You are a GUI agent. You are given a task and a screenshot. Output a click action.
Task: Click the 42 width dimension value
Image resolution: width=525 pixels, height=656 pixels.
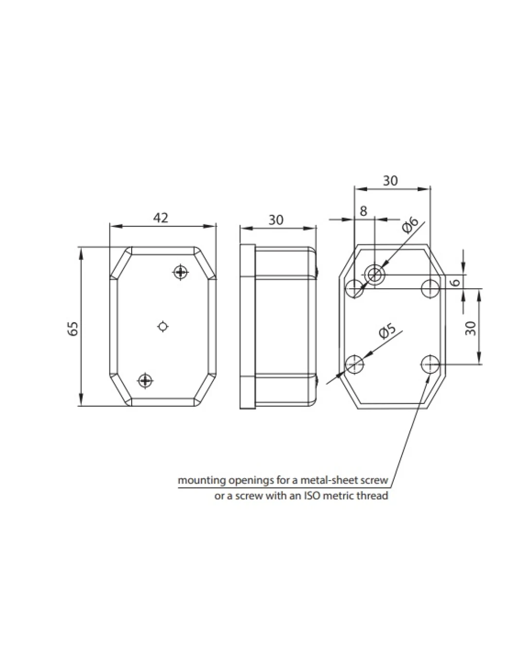point(160,218)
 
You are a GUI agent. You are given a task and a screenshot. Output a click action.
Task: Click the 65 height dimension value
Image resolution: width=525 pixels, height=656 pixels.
point(72,328)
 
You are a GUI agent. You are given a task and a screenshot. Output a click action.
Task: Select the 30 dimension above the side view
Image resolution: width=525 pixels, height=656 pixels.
point(276,220)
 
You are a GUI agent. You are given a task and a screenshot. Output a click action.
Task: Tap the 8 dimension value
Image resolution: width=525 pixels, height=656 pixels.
point(363,211)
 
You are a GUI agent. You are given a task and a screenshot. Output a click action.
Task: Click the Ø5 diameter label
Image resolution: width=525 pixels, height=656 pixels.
point(387,331)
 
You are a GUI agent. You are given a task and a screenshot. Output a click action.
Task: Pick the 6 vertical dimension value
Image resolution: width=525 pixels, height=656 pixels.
point(455,282)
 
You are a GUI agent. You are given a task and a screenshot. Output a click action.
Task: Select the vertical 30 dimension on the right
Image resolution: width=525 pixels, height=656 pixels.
point(471,328)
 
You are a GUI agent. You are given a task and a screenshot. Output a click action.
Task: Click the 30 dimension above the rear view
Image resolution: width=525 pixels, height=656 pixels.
point(390,181)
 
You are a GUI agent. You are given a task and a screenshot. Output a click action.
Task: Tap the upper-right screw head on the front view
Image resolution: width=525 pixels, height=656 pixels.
point(181,272)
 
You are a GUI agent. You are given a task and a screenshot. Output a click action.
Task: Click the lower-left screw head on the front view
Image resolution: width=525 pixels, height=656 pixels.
point(145,380)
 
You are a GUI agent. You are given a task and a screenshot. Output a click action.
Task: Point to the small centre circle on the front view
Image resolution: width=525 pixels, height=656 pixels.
point(163,327)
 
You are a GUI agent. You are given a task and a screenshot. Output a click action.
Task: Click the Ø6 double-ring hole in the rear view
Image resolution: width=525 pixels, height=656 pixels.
point(375,275)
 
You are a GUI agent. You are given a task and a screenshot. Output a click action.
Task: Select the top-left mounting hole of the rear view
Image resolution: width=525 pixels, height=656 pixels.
point(354,288)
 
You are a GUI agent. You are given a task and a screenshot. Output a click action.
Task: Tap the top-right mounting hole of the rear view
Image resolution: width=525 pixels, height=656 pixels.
point(430,288)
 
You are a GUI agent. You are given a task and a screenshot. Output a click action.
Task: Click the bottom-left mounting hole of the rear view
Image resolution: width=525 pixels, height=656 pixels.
point(354,364)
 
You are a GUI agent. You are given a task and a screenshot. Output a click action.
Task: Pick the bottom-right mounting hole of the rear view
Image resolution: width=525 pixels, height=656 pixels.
point(430,364)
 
